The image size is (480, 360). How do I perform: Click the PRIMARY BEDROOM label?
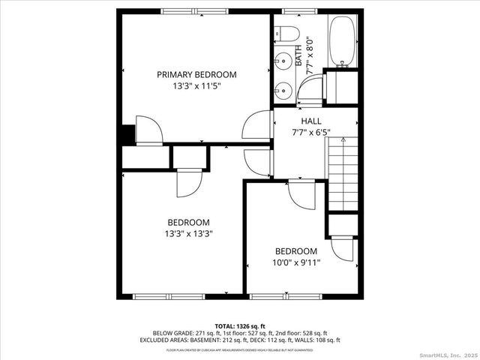coord(196,74)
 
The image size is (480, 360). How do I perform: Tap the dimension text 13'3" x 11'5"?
coord(196,86)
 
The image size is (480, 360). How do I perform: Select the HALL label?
coord(311,121)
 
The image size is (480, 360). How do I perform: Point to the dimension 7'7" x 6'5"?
coord(311,133)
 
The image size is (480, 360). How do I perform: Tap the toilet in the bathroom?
coord(286,34)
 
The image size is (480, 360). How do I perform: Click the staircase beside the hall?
coord(342,176)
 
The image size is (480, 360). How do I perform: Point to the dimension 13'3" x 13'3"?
coord(188,234)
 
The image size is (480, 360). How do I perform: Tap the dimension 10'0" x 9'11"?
coord(295,262)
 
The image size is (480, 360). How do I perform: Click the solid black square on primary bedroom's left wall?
coord(127,133)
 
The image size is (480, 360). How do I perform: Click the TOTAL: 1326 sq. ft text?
coord(240,325)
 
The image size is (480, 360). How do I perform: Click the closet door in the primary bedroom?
coord(148,129)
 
